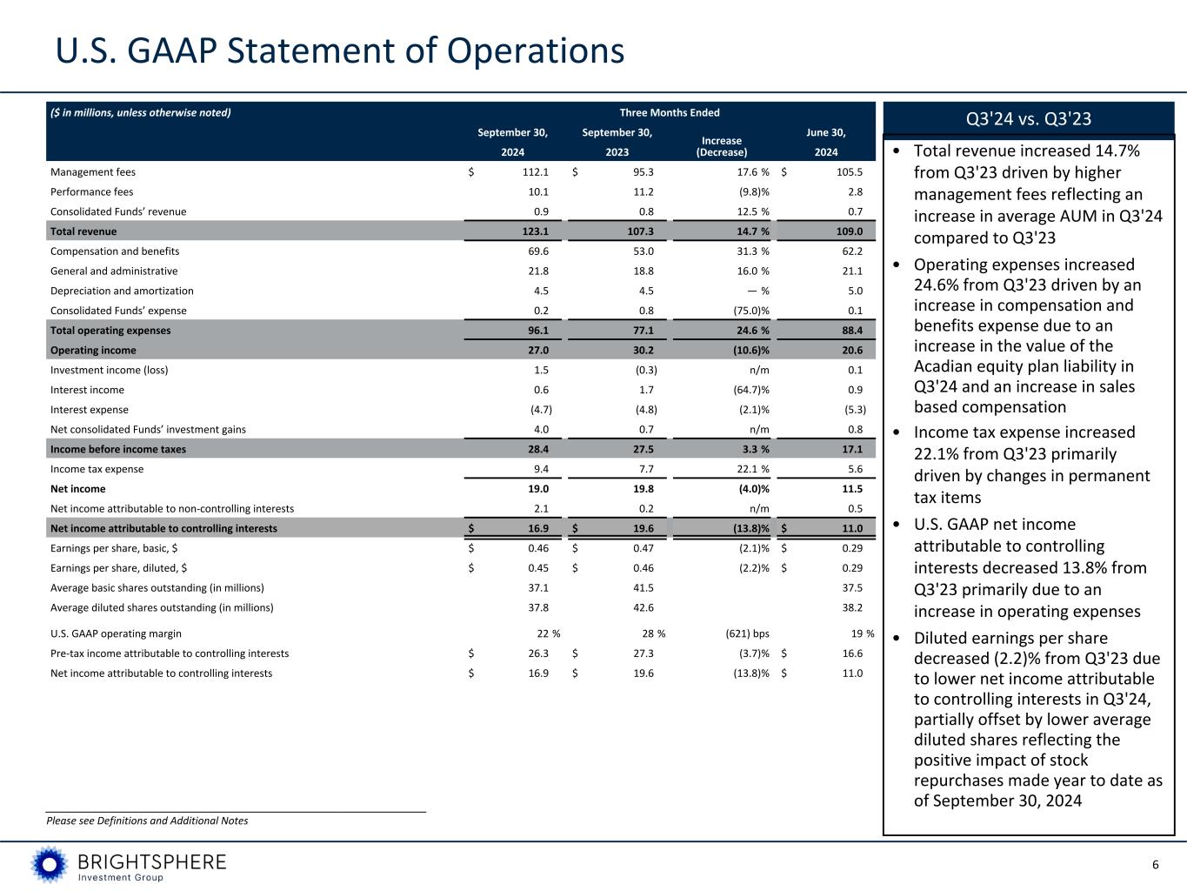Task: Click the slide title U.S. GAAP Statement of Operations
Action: (340, 50)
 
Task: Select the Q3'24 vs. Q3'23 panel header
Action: (1028, 118)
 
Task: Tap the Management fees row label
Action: (93, 172)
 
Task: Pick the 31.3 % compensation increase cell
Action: (747, 251)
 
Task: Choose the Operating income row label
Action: (93, 351)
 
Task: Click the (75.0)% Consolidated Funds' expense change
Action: (747, 311)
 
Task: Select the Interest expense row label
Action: (90, 410)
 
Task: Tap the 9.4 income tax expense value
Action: (540, 469)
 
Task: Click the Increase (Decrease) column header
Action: (722, 146)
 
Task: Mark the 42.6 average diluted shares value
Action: (644, 608)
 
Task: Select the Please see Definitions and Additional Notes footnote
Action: (147, 821)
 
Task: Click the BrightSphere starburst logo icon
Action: (50, 864)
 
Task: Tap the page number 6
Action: (1156, 865)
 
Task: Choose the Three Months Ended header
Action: (670, 112)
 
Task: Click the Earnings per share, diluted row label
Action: (118, 568)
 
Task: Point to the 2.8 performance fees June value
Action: (855, 192)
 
